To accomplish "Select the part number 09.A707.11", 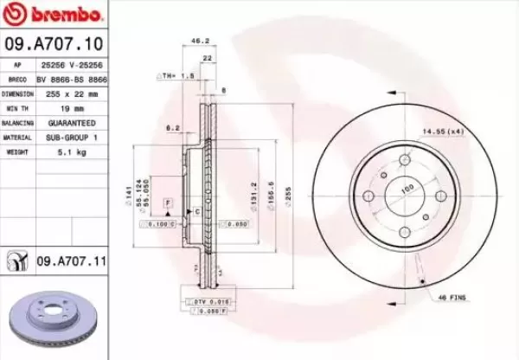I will coord(69,258).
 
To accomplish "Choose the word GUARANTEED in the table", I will coord(72,122).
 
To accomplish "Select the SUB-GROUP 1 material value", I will coord(72,137).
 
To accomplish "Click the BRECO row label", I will coord(16,79).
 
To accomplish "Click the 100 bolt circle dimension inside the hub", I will coord(407,188).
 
